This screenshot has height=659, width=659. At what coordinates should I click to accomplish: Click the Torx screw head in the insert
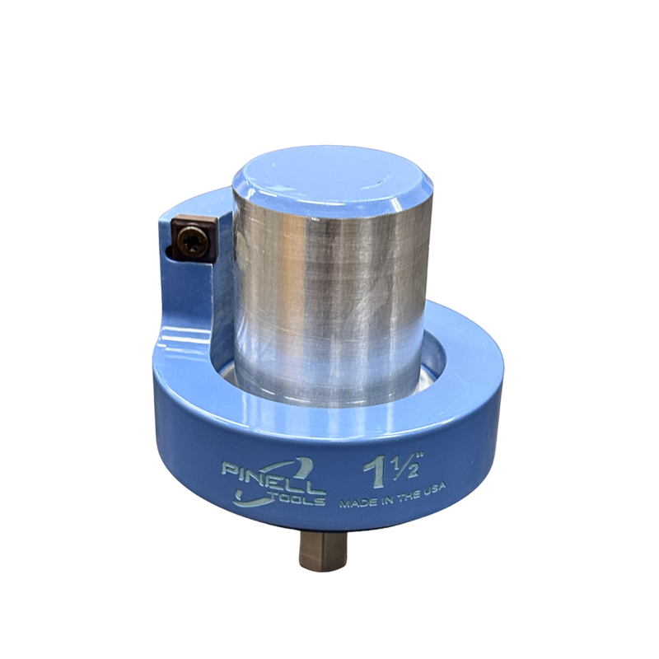[x=192, y=241]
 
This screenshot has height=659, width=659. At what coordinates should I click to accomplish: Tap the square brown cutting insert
[x=194, y=239]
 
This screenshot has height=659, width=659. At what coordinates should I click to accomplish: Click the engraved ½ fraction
[x=404, y=467]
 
